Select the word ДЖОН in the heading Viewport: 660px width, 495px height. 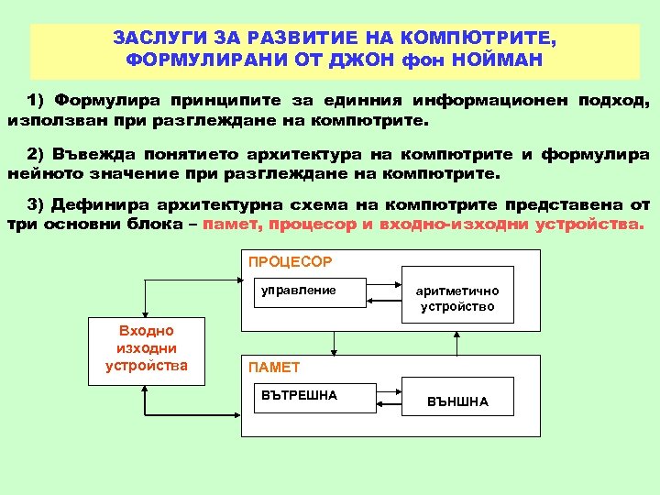point(366,61)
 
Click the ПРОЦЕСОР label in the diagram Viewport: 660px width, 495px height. point(290,261)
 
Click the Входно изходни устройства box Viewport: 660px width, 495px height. point(146,348)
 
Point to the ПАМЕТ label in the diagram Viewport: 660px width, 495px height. point(274,367)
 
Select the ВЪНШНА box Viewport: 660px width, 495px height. point(457,401)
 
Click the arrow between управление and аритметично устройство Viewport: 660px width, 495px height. point(384,294)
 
